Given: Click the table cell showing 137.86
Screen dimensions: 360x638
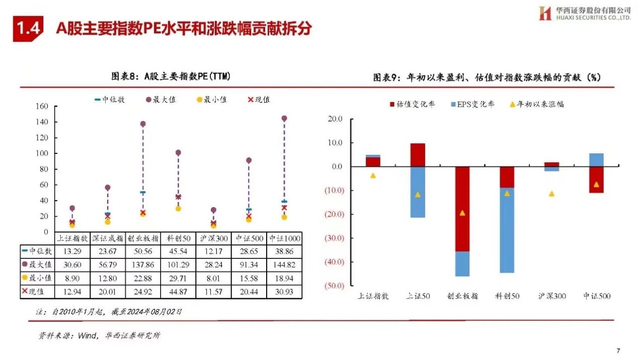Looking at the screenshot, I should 143,264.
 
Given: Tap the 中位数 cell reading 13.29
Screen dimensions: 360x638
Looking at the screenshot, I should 72,251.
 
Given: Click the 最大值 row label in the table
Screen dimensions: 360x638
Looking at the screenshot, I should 38,264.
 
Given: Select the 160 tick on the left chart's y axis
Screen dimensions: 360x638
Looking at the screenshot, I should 41,106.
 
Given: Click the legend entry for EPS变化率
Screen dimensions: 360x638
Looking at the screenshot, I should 472,104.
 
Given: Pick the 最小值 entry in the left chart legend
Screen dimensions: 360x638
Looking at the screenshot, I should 211,100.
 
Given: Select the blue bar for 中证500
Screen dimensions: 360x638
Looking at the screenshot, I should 596,160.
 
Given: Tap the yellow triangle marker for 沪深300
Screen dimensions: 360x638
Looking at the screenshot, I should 552,194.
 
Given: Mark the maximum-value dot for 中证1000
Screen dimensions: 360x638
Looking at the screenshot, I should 284,119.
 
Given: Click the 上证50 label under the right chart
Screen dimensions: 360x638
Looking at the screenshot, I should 418,296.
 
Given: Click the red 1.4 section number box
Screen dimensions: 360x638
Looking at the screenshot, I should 28,28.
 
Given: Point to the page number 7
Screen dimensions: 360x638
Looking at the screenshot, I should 618,350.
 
